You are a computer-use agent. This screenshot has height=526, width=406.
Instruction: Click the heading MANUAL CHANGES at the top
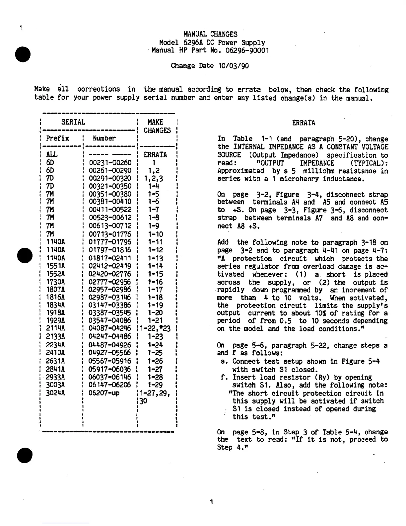pyautogui.click(x=210, y=34)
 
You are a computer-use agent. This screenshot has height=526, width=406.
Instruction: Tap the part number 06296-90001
pyautogui.click(x=247, y=50)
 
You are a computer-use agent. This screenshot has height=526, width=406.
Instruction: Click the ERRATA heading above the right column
pyautogui.click(x=304, y=123)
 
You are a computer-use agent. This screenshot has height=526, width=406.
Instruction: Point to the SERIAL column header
pyautogui.click(x=73, y=122)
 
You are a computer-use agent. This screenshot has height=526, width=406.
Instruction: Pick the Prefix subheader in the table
pyautogui.click(x=57, y=138)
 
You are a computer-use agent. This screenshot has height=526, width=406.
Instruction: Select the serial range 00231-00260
pyautogui.click(x=110, y=163)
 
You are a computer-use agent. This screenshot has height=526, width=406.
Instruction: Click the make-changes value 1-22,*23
pyautogui.click(x=155, y=329)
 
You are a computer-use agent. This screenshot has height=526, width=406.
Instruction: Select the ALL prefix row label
pyautogui.click(x=52, y=155)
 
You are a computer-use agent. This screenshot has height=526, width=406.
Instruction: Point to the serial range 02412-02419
pyautogui.click(x=110, y=266)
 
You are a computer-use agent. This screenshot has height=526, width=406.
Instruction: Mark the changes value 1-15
pyautogui.click(x=155, y=274)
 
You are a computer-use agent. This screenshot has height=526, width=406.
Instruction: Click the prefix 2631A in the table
pyautogui.click(x=56, y=361)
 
